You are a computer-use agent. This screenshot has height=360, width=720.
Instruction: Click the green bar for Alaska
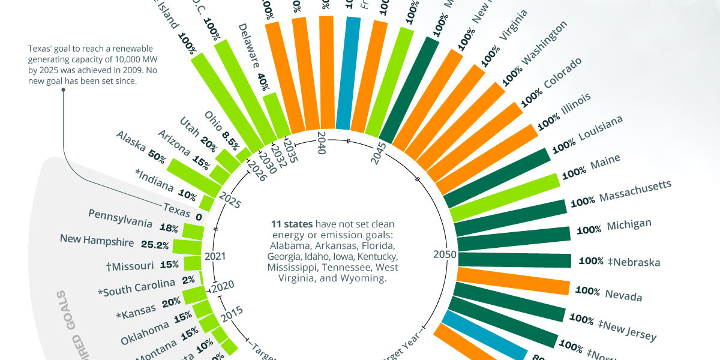point(190,172)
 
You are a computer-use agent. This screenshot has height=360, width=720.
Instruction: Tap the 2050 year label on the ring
point(445,254)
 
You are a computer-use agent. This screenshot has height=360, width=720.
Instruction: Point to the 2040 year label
point(321,143)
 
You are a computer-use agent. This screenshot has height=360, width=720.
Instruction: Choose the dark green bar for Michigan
point(513,236)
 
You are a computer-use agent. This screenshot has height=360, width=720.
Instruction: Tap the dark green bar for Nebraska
point(513,260)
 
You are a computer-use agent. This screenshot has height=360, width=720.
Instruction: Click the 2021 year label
point(215,256)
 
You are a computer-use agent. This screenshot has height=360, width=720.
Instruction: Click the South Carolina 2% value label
point(188,280)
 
